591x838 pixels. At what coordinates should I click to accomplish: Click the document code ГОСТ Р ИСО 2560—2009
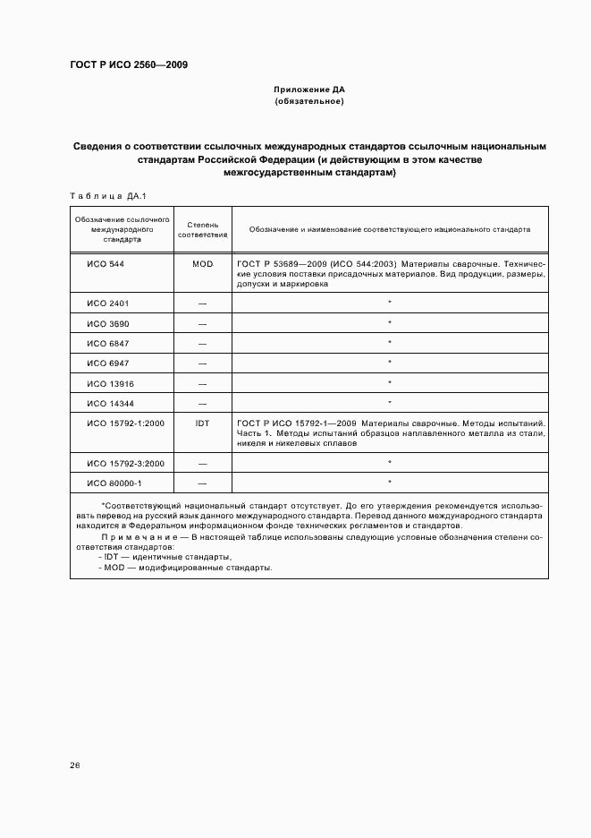coord(128,64)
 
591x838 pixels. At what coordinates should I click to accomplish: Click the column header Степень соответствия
coord(202,229)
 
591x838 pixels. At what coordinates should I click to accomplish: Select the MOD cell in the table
coord(202,265)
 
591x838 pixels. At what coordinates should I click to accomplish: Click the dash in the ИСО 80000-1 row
coord(202,483)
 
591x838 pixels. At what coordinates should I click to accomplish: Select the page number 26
coord(75,765)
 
